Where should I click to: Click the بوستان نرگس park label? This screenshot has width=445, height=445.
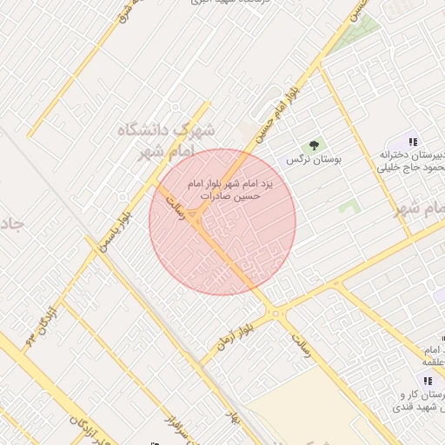[315, 160]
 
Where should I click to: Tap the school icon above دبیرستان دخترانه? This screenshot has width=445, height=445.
[414, 142]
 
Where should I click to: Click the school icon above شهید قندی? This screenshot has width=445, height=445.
[427, 381]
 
